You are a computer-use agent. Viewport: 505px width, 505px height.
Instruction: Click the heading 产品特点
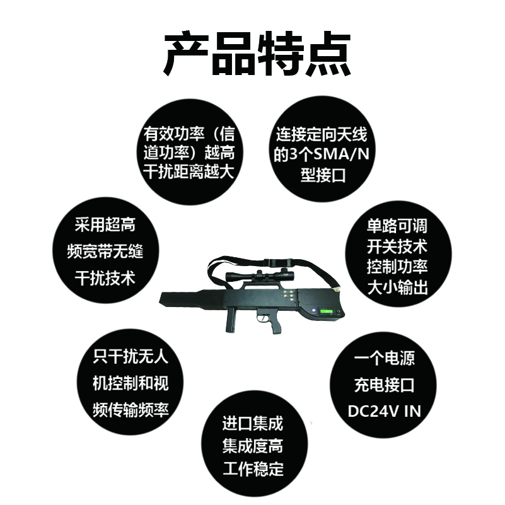(x=257, y=54)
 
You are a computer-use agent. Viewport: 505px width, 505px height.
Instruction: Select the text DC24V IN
(x=384, y=411)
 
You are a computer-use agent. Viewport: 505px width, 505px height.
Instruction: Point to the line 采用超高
(x=105, y=224)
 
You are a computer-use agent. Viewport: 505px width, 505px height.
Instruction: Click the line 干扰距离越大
(x=189, y=171)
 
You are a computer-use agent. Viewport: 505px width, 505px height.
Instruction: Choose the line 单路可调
(x=397, y=226)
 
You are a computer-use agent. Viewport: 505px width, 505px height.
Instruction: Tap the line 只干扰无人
(x=131, y=357)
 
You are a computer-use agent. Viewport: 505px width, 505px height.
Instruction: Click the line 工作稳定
(x=253, y=469)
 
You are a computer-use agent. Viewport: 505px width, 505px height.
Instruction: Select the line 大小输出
(x=397, y=287)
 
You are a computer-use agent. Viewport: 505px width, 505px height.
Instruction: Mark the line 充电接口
(x=384, y=385)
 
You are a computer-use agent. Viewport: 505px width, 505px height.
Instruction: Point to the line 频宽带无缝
(x=105, y=251)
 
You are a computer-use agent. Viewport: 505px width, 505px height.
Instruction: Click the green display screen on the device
(x=326, y=311)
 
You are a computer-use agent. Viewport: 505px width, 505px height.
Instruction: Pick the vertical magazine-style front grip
(x=231, y=320)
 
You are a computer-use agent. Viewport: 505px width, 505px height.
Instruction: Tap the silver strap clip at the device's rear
(x=337, y=289)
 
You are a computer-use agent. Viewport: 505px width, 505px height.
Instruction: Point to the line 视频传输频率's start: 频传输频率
(x=131, y=410)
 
